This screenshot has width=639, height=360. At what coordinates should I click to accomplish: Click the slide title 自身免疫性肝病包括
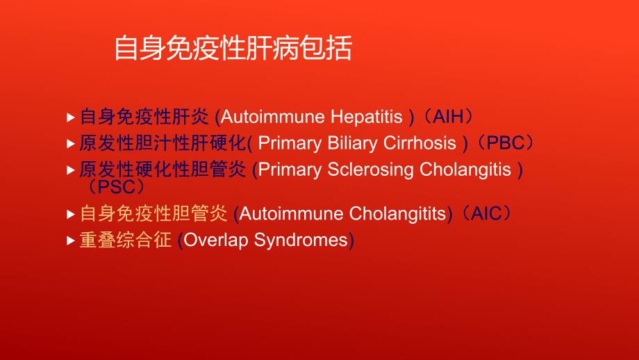click(233, 49)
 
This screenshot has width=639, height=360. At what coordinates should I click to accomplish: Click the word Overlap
click(216, 240)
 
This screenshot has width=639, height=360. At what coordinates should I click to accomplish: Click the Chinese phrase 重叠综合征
click(125, 240)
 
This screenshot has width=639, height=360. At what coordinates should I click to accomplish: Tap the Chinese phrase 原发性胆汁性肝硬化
click(163, 144)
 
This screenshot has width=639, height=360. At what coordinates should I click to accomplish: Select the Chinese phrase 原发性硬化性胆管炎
click(163, 170)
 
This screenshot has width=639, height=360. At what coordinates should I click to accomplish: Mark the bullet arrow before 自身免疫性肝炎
click(70, 117)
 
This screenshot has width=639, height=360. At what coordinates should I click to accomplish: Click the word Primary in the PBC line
click(290, 144)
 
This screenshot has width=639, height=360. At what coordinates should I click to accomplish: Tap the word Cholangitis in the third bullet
click(463, 170)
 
